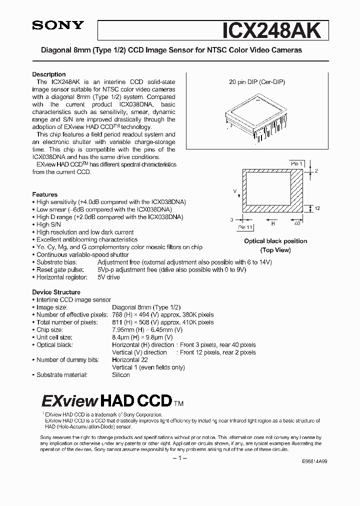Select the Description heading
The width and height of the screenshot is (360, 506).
click(x=49, y=74)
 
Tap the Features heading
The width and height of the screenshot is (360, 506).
click(x=45, y=194)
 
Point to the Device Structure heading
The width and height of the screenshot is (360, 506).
click(x=56, y=292)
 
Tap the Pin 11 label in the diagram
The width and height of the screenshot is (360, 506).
click(x=245, y=227)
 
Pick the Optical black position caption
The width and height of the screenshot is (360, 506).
click(x=275, y=241)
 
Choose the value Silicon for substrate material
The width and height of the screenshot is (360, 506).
click(x=121, y=375)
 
